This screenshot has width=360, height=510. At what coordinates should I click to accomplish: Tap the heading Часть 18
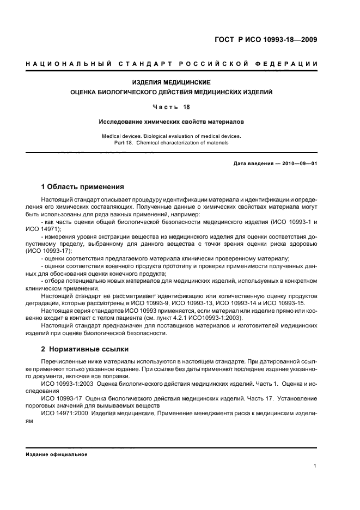point(172,107)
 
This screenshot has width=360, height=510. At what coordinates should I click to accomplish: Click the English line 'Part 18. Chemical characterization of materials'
point(172,142)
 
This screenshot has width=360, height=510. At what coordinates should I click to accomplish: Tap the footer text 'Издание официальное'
point(57,454)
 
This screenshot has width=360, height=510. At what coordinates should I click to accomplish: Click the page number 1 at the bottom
point(316,465)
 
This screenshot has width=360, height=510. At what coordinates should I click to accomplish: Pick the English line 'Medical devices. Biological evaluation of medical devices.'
point(172,136)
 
